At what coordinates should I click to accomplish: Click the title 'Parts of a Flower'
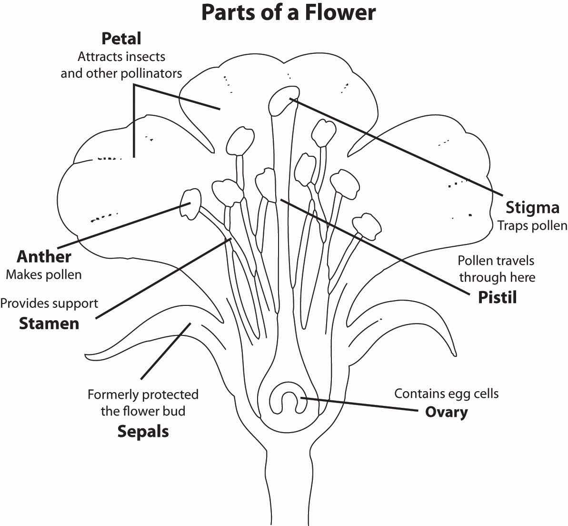click(x=289, y=13)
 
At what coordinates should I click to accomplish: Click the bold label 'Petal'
click(x=121, y=39)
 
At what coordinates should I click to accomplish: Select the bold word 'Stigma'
click(x=532, y=208)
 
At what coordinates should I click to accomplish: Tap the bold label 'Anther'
click(x=44, y=257)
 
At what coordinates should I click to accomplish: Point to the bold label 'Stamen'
click(x=49, y=324)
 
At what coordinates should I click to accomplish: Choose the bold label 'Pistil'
click(x=497, y=297)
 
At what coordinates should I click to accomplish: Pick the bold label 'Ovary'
click(x=446, y=411)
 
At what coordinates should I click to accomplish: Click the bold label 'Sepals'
click(x=143, y=432)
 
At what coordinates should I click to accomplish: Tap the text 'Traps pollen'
click(x=532, y=225)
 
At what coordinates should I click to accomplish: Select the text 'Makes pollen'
click(x=43, y=275)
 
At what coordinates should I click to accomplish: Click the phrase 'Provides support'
click(x=49, y=303)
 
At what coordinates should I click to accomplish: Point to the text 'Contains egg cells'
click(x=446, y=394)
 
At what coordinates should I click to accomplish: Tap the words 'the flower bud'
click(x=143, y=411)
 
